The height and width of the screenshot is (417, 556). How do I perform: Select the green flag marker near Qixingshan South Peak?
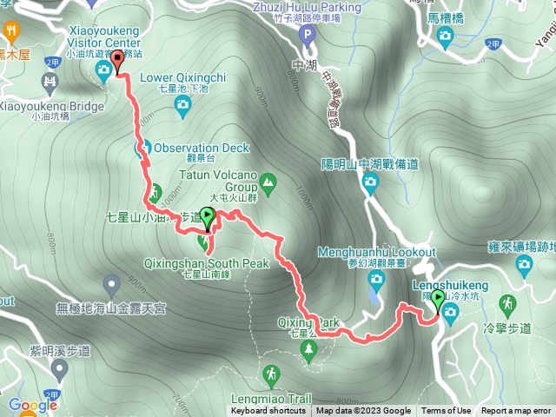coord(207,216)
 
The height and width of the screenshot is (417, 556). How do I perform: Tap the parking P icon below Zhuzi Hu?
coord(305,36)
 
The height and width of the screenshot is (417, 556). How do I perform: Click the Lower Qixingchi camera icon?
coord(182,106)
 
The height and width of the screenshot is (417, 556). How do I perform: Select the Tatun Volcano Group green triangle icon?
coord(268,182)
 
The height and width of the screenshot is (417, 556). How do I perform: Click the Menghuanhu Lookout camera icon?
coord(375,279)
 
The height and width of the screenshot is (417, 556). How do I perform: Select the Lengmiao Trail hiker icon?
coord(272,374)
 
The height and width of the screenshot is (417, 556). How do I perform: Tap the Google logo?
coord(32,405)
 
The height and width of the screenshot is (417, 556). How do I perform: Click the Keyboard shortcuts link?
coord(268,411)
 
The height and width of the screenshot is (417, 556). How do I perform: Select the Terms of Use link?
coord(446,411)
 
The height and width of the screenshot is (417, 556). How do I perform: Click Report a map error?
coord(516,411)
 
